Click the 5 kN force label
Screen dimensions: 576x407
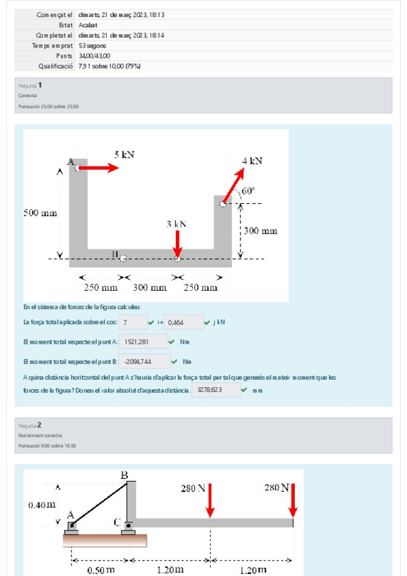click(124, 155)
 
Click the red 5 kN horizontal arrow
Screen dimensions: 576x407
click(99, 168)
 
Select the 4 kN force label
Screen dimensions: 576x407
click(252, 160)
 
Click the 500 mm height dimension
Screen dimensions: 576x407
click(40, 213)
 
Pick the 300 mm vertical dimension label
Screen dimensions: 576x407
click(261, 231)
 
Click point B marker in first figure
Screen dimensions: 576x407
click(122, 258)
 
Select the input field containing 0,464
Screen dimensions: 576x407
click(184, 322)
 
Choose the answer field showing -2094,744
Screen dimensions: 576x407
click(143, 362)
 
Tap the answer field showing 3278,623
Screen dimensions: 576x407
click(215, 391)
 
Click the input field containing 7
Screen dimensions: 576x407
click(134, 322)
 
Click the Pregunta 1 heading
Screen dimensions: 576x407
click(31, 86)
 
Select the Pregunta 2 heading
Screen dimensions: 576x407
click(31, 425)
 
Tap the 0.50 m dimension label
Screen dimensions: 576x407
click(101, 569)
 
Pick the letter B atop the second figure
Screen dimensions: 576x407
click(124, 475)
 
